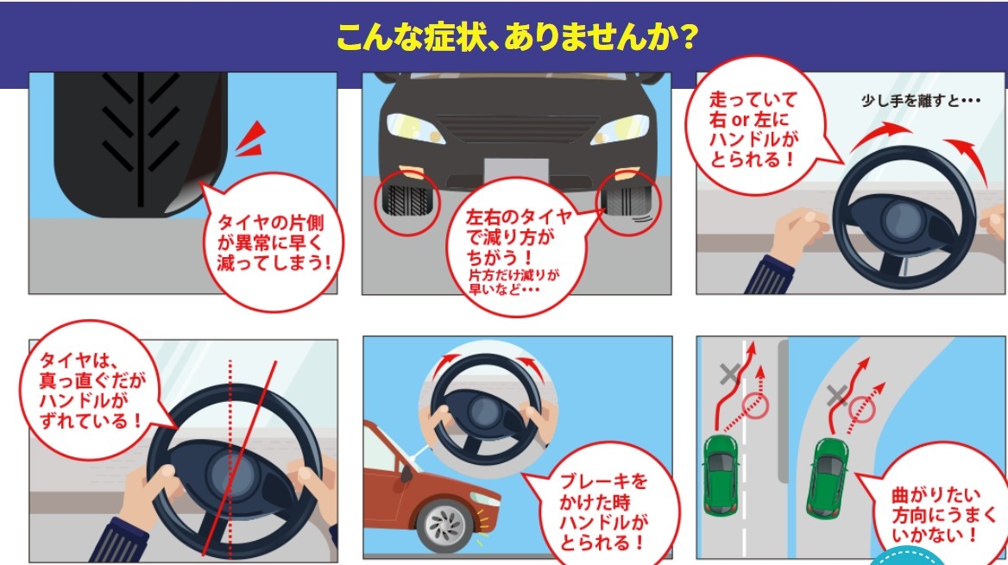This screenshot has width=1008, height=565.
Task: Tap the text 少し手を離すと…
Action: point(921,101)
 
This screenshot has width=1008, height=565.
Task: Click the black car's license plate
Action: point(516,170)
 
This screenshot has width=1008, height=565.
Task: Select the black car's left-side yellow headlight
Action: point(414,129)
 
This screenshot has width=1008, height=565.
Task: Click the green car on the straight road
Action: point(721,474)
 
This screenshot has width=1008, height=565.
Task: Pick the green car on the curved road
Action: point(828,478)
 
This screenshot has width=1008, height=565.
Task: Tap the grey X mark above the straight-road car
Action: point(729,374)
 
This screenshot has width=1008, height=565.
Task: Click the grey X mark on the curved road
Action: point(836,396)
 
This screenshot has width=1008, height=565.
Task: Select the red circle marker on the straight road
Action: point(755,405)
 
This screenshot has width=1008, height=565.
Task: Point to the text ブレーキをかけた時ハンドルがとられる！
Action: point(602,512)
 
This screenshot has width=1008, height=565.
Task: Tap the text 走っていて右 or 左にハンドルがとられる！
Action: point(753,129)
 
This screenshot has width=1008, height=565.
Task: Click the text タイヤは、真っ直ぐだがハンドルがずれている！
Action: point(92,390)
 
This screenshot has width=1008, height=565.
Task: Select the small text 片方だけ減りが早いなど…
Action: point(513,281)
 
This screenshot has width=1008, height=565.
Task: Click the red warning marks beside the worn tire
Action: point(251,139)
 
